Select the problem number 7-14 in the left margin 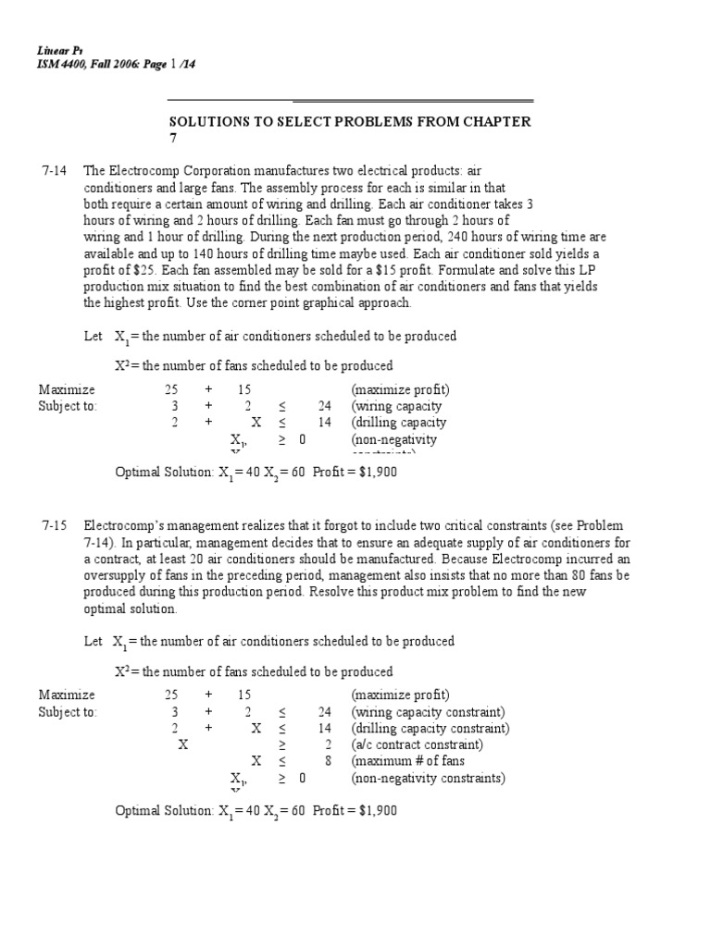[x=56, y=170]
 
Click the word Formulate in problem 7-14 [x=475, y=270]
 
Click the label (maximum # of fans [x=408, y=761]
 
